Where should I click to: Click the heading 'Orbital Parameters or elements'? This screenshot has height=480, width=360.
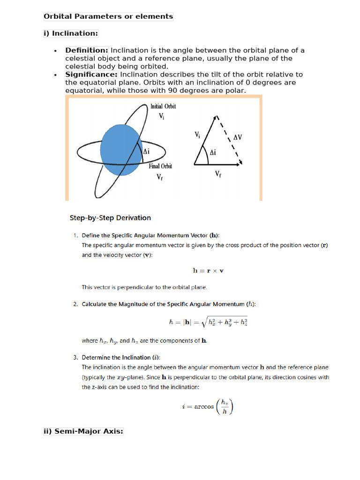(x=108, y=16)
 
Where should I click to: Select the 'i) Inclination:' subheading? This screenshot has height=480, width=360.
(x=71, y=33)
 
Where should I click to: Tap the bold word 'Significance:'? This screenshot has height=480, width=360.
(x=91, y=74)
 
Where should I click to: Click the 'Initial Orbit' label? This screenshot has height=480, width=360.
(x=163, y=106)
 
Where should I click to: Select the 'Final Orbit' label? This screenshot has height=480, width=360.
(x=161, y=166)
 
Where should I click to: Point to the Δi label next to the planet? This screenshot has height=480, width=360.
(x=147, y=151)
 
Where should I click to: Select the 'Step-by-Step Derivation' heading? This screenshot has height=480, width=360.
(x=110, y=217)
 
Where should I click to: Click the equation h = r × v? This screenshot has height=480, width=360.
(x=208, y=270)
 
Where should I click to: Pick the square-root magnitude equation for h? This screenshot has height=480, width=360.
(x=208, y=322)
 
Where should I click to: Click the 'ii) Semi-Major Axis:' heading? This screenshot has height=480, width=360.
(x=83, y=431)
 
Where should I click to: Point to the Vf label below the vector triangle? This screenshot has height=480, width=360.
(x=218, y=174)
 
